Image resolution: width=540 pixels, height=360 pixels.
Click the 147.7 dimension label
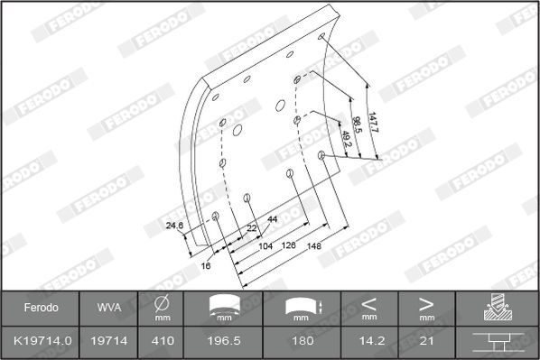[373, 122]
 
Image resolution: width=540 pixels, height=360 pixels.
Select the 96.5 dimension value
[357, 125]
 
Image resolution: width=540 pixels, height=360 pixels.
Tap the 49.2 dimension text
[346, 139]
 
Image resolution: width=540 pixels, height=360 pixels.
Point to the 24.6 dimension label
[174, 226]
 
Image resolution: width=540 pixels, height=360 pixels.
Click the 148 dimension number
[313, 246]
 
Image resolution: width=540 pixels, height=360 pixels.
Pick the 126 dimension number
[289, 245]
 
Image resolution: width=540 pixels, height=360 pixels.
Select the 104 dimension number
[265, 246]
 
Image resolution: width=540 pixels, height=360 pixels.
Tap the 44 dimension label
[273, 219]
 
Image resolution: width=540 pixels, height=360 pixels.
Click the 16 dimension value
[206, 265]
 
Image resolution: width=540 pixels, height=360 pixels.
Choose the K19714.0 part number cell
[42, 341]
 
